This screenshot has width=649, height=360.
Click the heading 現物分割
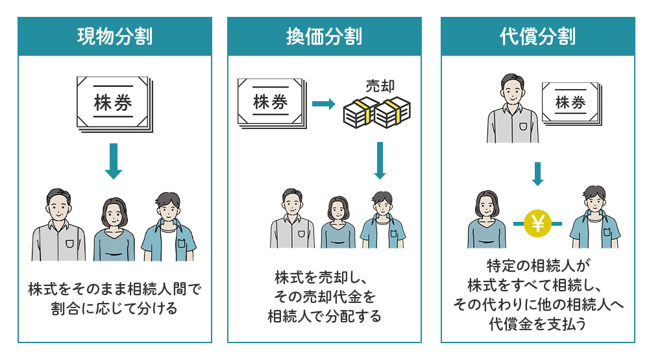click(x=114, y=36)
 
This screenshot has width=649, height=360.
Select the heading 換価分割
click(x=324, y=36)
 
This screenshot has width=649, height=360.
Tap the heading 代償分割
click(x=537, y=36)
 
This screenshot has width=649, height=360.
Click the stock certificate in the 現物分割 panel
click(x=114, y=104)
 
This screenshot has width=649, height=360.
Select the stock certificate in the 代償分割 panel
click(x=570, y=102)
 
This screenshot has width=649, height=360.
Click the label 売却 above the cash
click(x=380, y=86)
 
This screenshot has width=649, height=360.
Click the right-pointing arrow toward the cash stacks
click(x=323, y=104)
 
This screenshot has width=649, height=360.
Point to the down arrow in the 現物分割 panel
click(x=114, y=161)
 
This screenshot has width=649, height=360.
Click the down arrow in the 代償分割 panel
click(x=537, y=173)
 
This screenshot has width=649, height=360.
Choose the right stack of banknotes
click(x=393, y=113)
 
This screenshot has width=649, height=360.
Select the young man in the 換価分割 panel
click(x=382, y=220)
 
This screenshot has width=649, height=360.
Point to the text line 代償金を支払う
click(x=537, y=322)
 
